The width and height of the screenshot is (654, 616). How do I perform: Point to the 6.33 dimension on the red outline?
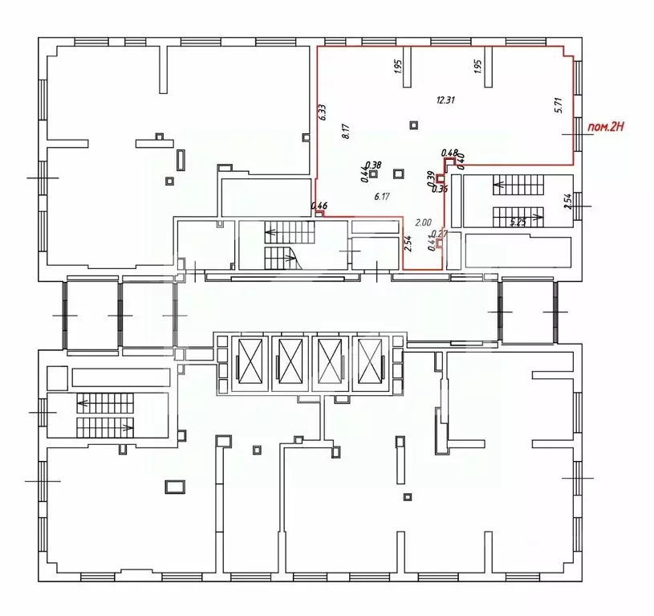click(321, 112)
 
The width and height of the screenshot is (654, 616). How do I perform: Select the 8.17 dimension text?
click(345, 131)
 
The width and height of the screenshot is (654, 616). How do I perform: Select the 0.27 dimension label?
click(438, 234)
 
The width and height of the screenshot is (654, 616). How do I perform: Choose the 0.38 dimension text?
click(373, 165)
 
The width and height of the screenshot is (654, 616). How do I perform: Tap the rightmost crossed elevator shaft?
click(370, 362)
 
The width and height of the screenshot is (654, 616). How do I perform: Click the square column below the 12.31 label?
click(414, 124)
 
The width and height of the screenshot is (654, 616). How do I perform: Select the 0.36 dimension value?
click(439, 190)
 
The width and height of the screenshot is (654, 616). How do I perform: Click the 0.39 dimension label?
click(430, 178)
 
